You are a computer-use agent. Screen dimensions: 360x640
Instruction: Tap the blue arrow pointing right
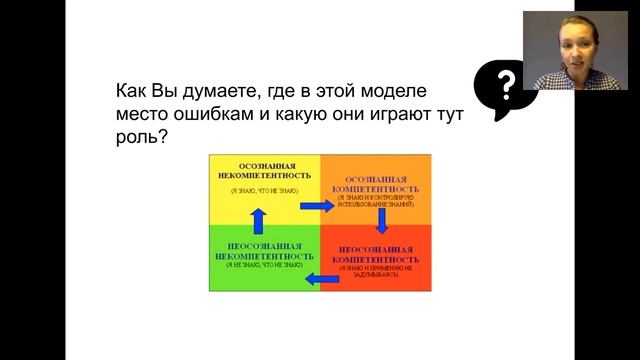point(316,205)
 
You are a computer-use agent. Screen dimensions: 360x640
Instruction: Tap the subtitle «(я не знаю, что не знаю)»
point(263,266)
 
